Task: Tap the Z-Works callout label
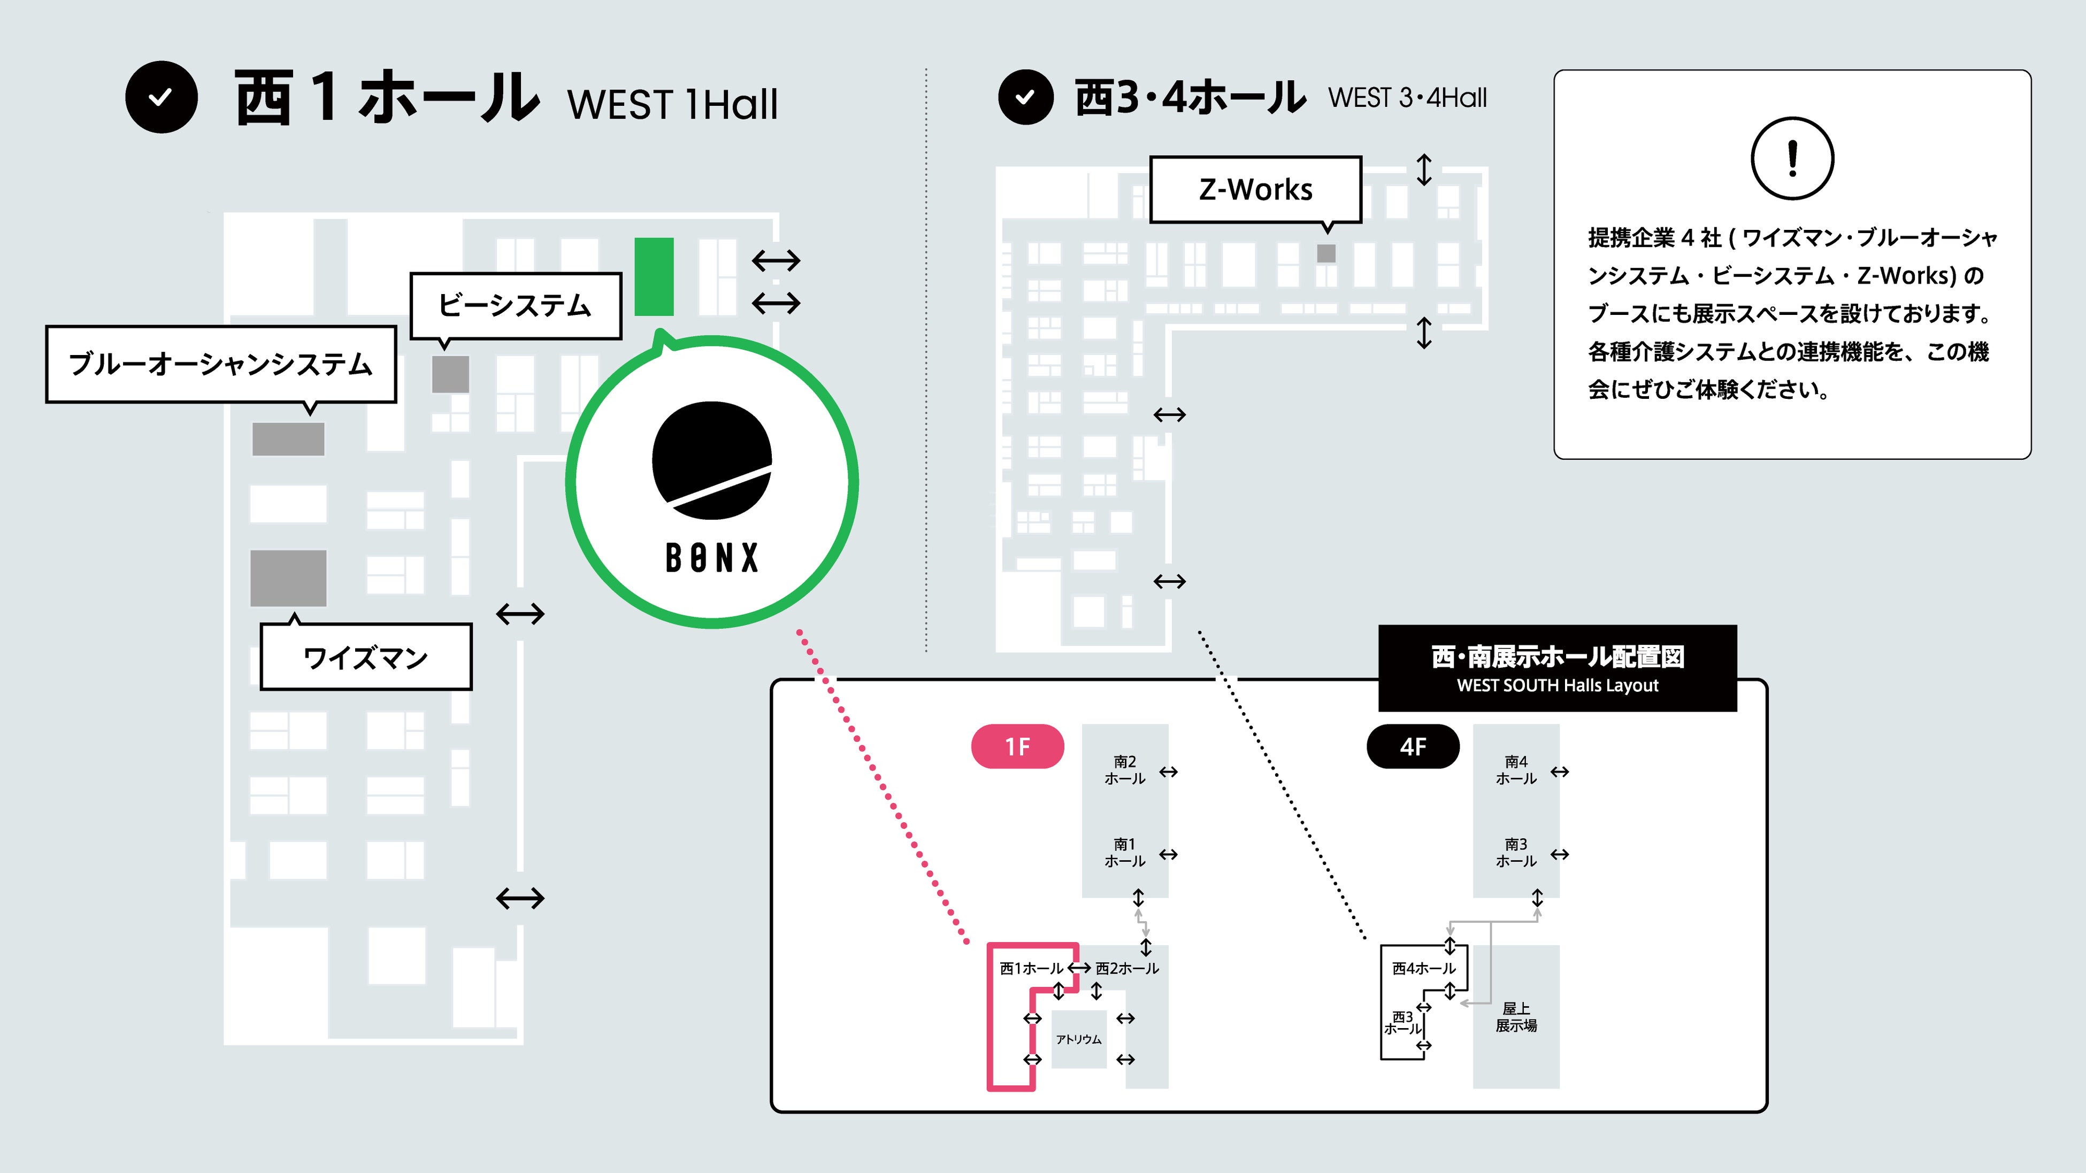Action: (1255, 189)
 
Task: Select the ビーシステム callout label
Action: (515, 305)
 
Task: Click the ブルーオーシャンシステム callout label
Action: (220, 364)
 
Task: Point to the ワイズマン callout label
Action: (365, 657)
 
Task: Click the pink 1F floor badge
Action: (1017, 746)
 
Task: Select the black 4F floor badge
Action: (1412, 746)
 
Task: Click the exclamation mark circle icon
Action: (1791, 159)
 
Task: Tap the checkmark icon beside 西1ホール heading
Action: (161, 97)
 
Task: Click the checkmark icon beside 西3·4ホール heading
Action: (1025, 97)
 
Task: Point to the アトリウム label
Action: (1079, 1039)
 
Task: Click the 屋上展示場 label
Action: (1515, 1017)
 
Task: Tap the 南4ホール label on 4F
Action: (1515, 770)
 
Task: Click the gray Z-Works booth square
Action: (1325, 253)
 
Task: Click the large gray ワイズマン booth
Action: (288, 578)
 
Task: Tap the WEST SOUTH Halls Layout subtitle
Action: (1556, 685)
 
